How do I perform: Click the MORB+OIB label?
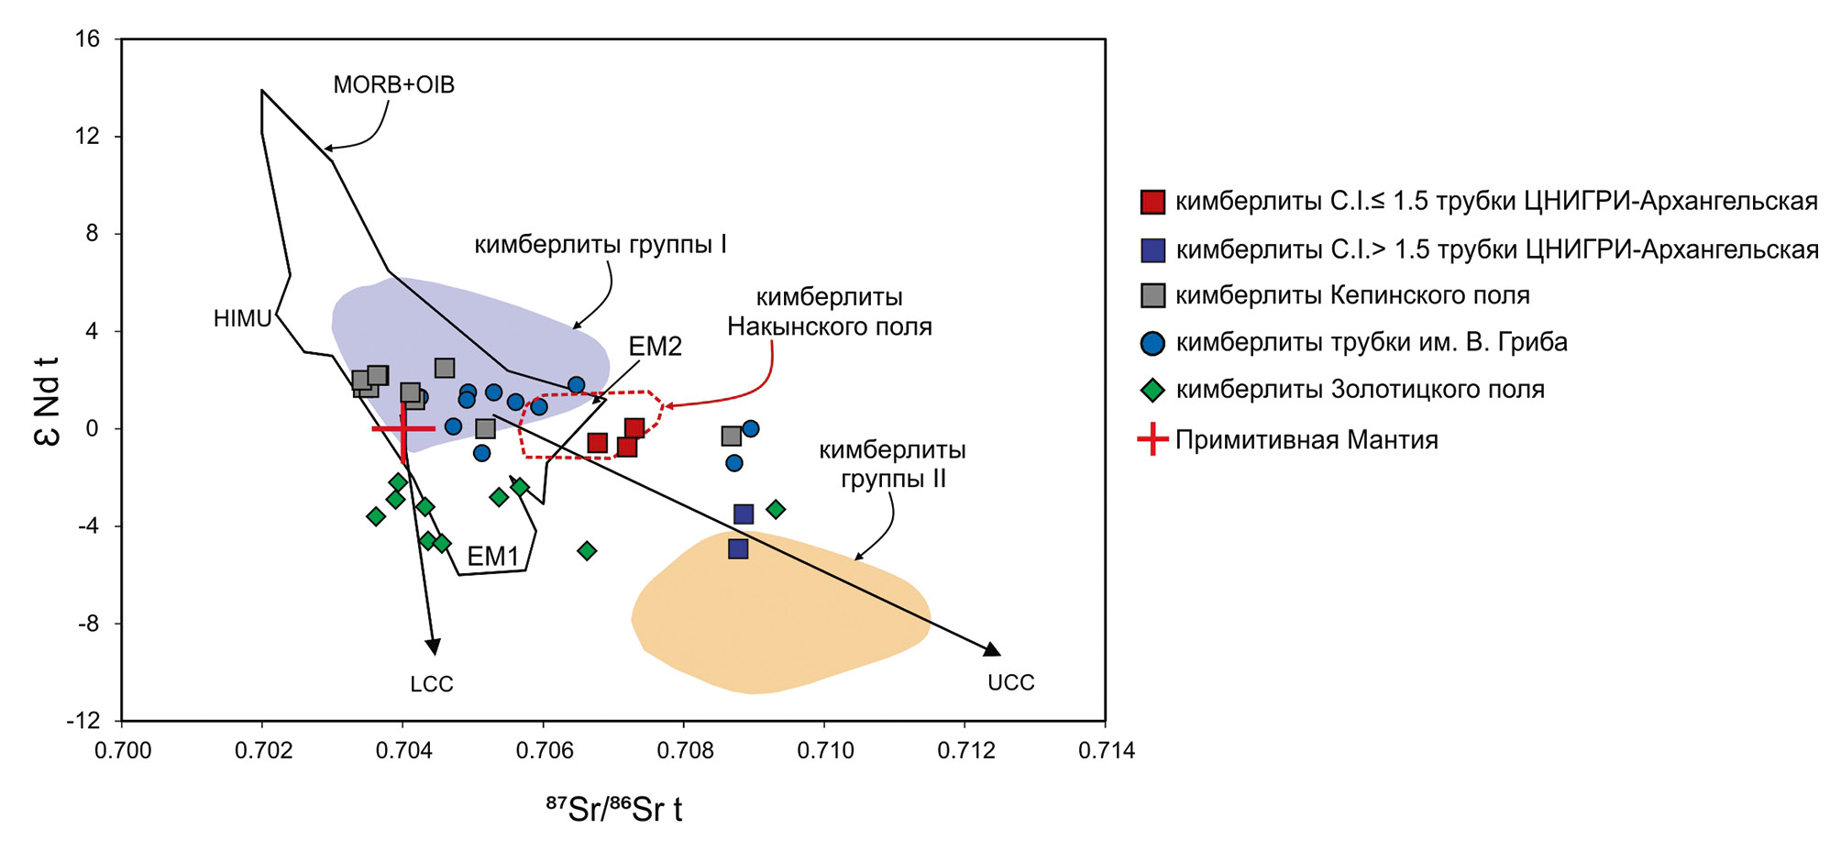pos(393,84)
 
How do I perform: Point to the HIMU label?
pos(242,318)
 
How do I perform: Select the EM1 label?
pos(493,556)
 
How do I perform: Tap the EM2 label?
pos(656,346)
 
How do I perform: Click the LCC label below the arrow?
pos(432,684)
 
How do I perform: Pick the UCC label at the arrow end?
pos(1011,682)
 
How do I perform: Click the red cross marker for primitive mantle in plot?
pos(403,428)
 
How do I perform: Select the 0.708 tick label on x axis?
pos(684,751)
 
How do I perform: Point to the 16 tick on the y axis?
pos(87,39)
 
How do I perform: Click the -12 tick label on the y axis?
pos(83,721)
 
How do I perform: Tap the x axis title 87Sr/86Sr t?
pos(614,809)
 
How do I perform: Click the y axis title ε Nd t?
pos(47,401)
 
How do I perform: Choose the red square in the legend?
pos(1152,202)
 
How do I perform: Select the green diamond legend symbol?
pos(1152,390)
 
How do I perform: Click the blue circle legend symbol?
pos(1152,343)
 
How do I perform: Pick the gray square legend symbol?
pos(1152,295)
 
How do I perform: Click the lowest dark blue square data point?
pos(738,549)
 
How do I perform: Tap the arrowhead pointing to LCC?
pos(434,647)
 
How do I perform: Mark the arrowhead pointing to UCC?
pos(993,649)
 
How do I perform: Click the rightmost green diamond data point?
pos(776,509)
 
